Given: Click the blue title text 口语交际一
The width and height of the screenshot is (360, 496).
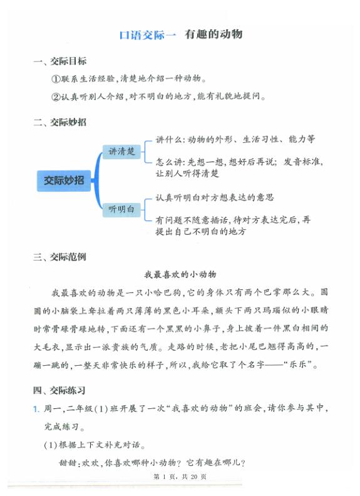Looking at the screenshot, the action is (x=148, y=35).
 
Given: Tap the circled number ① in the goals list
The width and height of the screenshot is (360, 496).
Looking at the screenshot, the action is (x=55, y=80).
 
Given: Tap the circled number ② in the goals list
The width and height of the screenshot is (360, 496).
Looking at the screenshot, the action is (x=55, y=96).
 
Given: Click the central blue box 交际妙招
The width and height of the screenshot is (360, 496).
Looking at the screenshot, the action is (x=64, y=180).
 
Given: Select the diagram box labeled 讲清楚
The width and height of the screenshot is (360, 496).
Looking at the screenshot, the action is (x=122, y=152).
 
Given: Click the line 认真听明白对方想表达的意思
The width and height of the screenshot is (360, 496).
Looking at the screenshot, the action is (x=215, y=198).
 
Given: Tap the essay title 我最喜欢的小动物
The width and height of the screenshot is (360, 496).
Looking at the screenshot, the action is (x=180, y=274).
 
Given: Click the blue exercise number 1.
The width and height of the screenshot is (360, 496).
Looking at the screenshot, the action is (x=36, y=409).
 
